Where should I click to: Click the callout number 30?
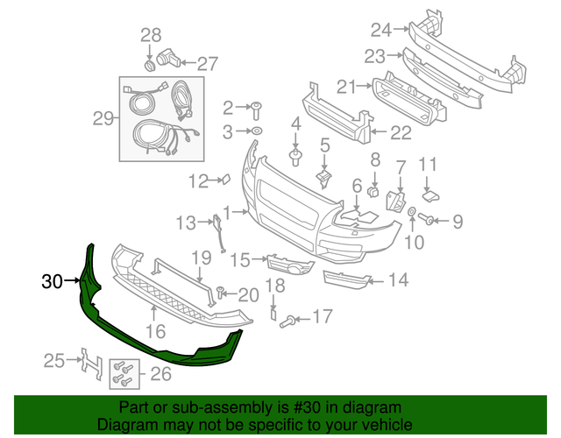pos(52,281)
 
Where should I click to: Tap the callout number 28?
pos(151,35)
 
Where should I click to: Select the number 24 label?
pos(380,30)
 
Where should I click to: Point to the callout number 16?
pos(155,331)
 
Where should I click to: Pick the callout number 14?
pos(398,280)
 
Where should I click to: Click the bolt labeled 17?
pos(286,321)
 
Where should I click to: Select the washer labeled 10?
pos(411,213)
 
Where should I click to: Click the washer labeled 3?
pos(257,131)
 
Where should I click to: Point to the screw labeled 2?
pos(258,109)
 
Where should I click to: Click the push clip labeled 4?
pos(295,158)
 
